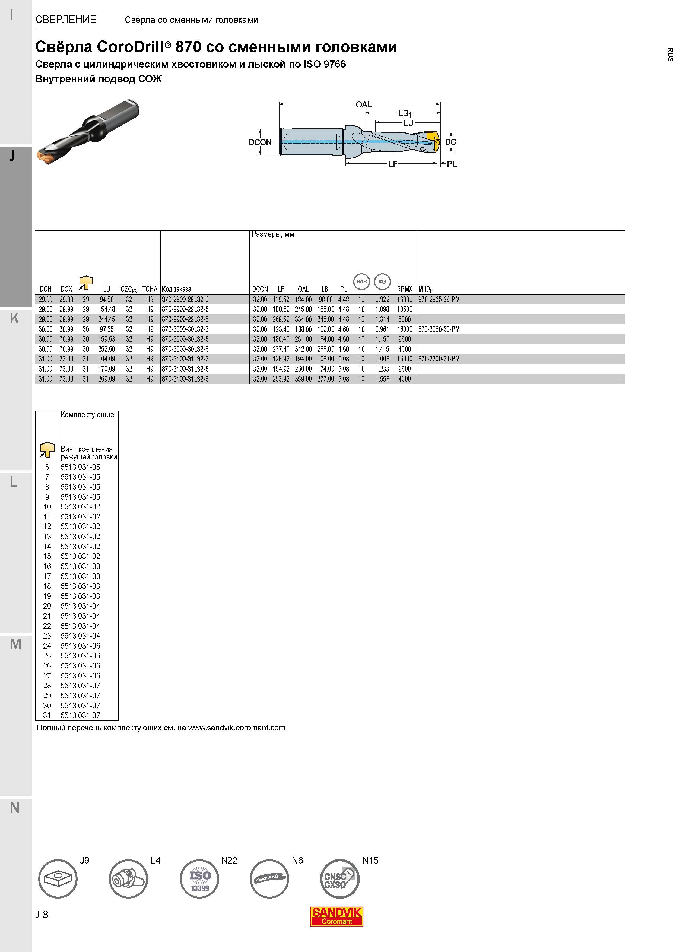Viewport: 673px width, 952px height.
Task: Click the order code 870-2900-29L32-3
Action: click(x=185, y=299)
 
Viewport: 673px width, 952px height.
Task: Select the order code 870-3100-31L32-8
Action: click(x=185, y=379)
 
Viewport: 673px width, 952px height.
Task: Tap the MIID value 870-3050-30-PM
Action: click(x=439, y=329)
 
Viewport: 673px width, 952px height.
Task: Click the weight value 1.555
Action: click(x=382, y=379)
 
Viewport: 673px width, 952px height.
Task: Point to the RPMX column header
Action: click(x=404, y=289)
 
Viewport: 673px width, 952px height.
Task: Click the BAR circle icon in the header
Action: click(x=361, y=281)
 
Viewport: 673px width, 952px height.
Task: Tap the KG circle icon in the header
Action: click(x=382, y=281)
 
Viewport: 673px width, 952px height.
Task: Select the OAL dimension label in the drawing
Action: click(x=364, y=104)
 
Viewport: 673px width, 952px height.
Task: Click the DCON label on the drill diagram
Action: click(x=260, y=142)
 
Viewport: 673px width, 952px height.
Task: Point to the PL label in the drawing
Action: click(x=452, y=164)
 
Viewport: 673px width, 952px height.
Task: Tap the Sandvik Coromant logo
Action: click(x=337, y=916)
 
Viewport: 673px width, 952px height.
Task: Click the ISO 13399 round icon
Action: click(x=199, y=879)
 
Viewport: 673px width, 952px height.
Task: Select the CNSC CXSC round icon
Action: click(x=339, y=879)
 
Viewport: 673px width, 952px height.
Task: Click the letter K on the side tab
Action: click(x=14, y=318)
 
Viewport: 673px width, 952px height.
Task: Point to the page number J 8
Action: click(x=42, y=914)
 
